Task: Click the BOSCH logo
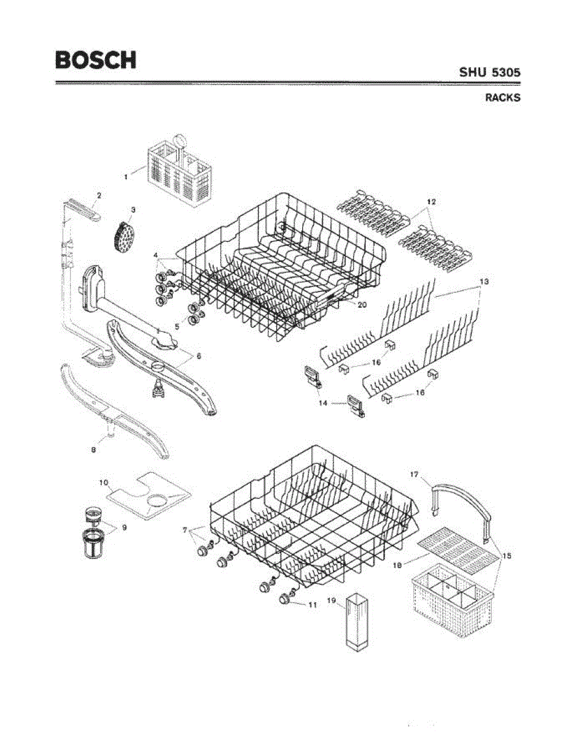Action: [95, 59]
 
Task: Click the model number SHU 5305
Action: [490, 72]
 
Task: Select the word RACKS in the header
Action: [503, 98]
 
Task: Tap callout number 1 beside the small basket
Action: [126, 177]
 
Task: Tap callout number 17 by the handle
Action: [414, 474]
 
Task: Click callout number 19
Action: [332, 600]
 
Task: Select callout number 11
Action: [312, 605]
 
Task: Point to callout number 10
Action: [103, 483]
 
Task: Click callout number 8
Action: [93, 450]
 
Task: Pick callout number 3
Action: [133, 210]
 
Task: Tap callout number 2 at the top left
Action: [98, 195]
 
